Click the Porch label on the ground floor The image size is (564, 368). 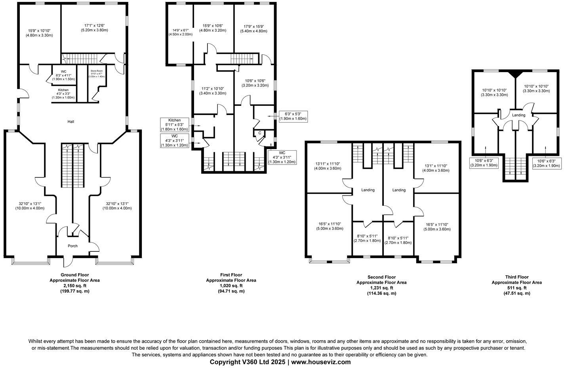pos(72,246)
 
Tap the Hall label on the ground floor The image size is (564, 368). pos(71,121)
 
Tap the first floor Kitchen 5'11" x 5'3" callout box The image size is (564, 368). pos(174,125)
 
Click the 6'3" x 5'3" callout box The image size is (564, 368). pos(293,116)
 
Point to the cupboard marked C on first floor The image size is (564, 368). pos(260,133)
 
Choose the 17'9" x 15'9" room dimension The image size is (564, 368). pos(253,29)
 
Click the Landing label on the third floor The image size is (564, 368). pos(518,115)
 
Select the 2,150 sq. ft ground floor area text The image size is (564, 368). pos(74,286)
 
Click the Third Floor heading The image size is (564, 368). pos(516,277)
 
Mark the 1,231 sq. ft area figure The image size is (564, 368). pos(381,288)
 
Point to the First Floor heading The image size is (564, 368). pos(231,275)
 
